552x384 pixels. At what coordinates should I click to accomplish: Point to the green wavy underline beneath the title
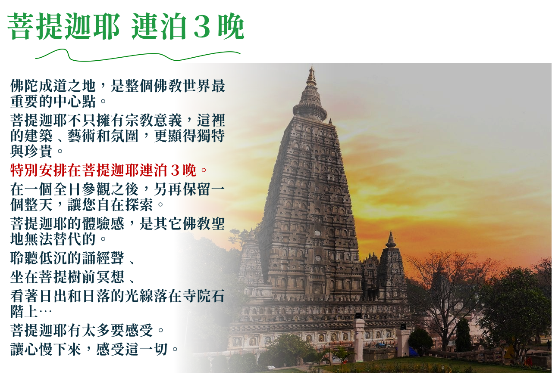pos(138,55)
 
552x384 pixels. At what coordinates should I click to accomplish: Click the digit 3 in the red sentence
pos(175,170)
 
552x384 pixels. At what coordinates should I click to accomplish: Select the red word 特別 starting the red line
pos(25,170)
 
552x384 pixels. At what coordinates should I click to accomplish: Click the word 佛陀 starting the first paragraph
pos(25,86)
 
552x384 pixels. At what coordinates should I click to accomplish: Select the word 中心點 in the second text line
pos(74,101)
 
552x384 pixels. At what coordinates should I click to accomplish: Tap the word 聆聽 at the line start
pos(25,258)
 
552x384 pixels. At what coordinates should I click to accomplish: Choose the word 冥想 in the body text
pos(110,277)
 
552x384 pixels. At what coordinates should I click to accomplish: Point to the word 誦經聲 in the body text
pos(103,258)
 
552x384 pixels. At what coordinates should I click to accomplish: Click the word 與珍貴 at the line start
pos(31,151)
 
